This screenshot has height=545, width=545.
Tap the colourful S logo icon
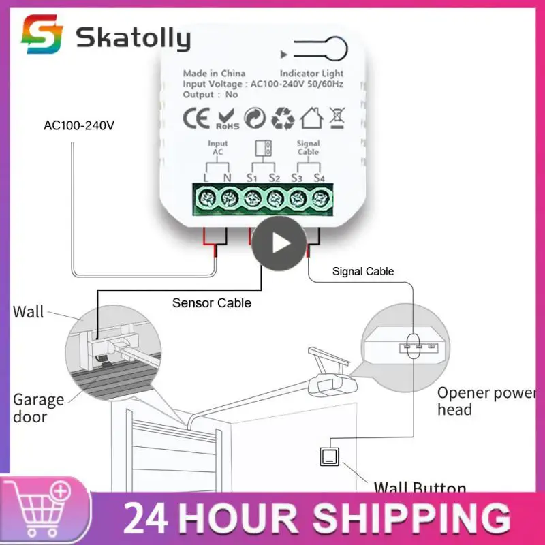42,35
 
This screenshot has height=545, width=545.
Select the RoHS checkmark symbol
227,118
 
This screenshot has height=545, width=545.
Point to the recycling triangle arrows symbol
283,118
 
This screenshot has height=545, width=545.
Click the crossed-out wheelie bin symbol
337,118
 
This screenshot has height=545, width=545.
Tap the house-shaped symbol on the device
311,118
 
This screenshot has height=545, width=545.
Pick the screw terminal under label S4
320,198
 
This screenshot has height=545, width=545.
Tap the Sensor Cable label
211,302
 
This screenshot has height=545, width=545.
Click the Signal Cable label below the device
363,271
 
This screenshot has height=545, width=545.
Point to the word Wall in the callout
28,312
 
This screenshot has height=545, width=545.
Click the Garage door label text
38,408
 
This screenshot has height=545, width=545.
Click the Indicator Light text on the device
311,74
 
